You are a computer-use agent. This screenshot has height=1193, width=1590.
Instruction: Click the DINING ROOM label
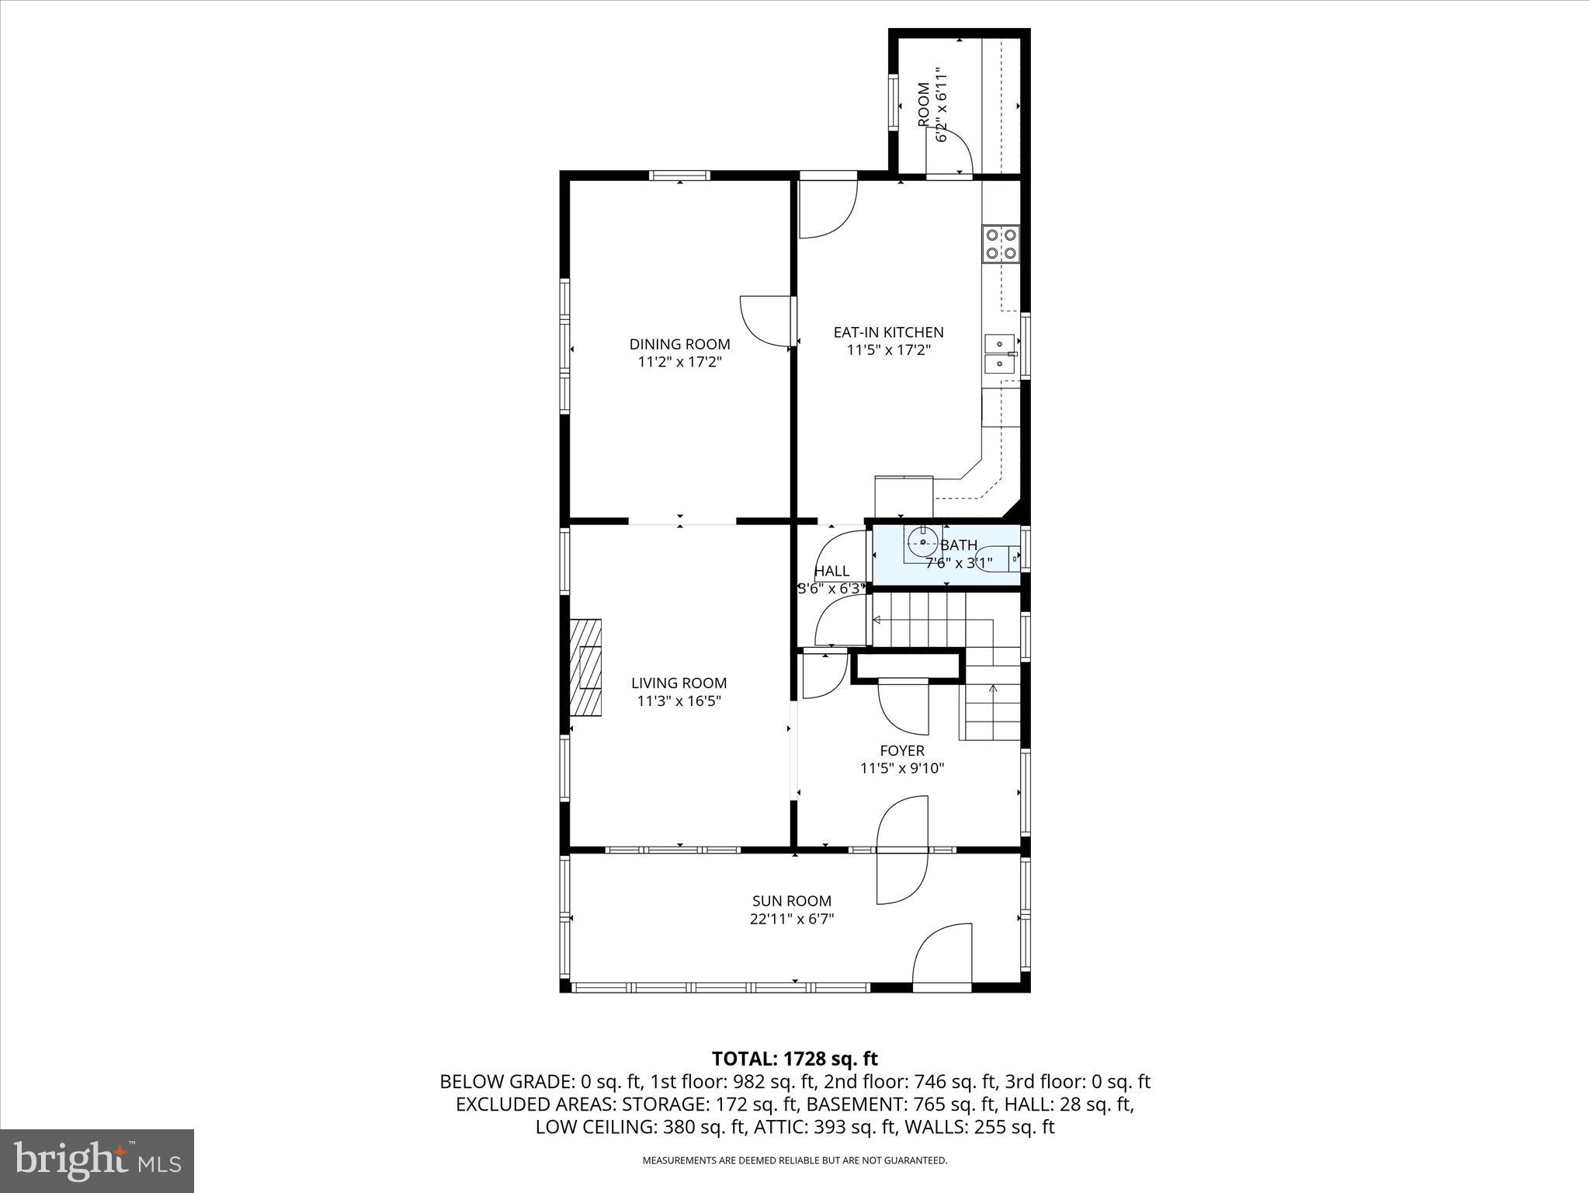coord(679,344)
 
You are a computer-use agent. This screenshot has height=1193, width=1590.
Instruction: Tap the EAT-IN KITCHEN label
coord(888,332)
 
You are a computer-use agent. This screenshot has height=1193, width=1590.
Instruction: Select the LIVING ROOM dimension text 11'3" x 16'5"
coord(679,701)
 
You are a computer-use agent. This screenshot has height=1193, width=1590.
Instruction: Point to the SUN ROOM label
coord(791,901)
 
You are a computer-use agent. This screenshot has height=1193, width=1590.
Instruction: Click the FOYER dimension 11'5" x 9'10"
coord(901,768)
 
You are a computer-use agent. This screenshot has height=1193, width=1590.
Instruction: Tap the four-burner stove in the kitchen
coord(1001,243)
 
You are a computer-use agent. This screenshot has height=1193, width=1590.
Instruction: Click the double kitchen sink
coord(999,353)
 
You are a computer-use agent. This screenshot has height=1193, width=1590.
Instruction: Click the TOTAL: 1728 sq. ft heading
coord(794,1059)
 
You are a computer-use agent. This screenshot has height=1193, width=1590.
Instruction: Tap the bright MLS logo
coord(97,1160)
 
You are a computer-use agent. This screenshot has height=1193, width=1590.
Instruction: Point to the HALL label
coord(831,571)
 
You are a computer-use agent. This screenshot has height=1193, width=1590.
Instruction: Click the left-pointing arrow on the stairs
coord(877,620)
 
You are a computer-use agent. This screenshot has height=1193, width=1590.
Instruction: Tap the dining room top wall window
coord(679,176)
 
